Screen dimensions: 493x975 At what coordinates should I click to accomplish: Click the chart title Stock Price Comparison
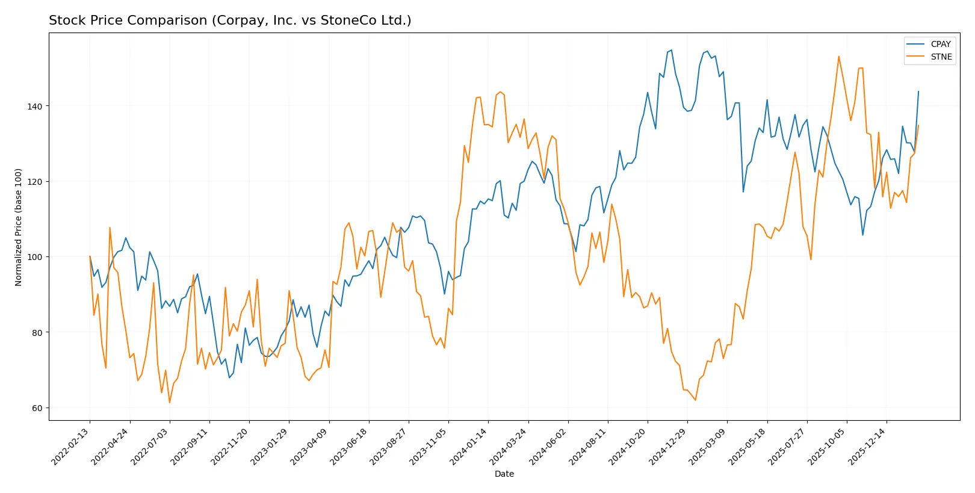click(230, 20)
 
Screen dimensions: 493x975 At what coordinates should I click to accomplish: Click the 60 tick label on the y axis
click(37, 408)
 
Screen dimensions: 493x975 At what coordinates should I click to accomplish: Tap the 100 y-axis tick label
click(35, 257)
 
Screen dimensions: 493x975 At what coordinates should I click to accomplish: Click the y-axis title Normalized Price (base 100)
click(19, 227)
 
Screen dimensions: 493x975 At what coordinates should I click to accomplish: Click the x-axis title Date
click(504, 474)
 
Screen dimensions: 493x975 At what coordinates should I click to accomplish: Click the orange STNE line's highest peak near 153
click(838, 57)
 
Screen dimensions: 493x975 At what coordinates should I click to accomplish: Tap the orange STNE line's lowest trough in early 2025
click(695, 400)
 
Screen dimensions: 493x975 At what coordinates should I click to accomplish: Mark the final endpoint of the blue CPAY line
click(918, 91)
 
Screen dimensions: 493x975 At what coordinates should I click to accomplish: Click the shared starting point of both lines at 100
click(90, 256)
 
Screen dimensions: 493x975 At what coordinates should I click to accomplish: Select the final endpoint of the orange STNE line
click(918, 125)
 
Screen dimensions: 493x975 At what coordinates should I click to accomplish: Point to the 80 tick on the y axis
click(37, 332)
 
